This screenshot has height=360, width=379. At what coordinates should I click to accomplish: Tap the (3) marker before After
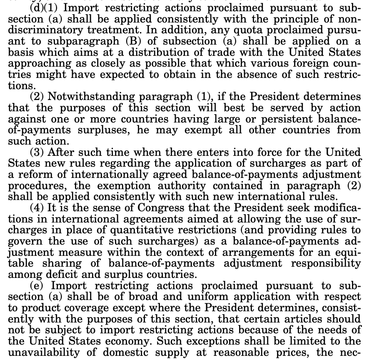38,152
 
